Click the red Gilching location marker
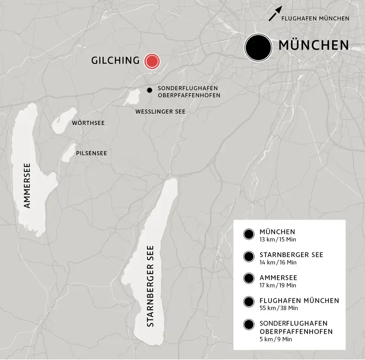pos(151,61)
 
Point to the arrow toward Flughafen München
pos(274,15)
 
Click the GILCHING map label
pos(115,61)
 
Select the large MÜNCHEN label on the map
pos(313,46)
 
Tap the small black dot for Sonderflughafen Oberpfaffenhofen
pos(149,90)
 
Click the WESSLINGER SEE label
pos(160,111)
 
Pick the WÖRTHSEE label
pos(87,123)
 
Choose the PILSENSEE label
pos(92,153)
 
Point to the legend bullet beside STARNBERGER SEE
pos(249,257)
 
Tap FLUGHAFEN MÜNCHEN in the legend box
pos(299,301)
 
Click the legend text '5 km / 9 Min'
pos(275,339)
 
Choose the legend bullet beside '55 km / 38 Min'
pos(249,302)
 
